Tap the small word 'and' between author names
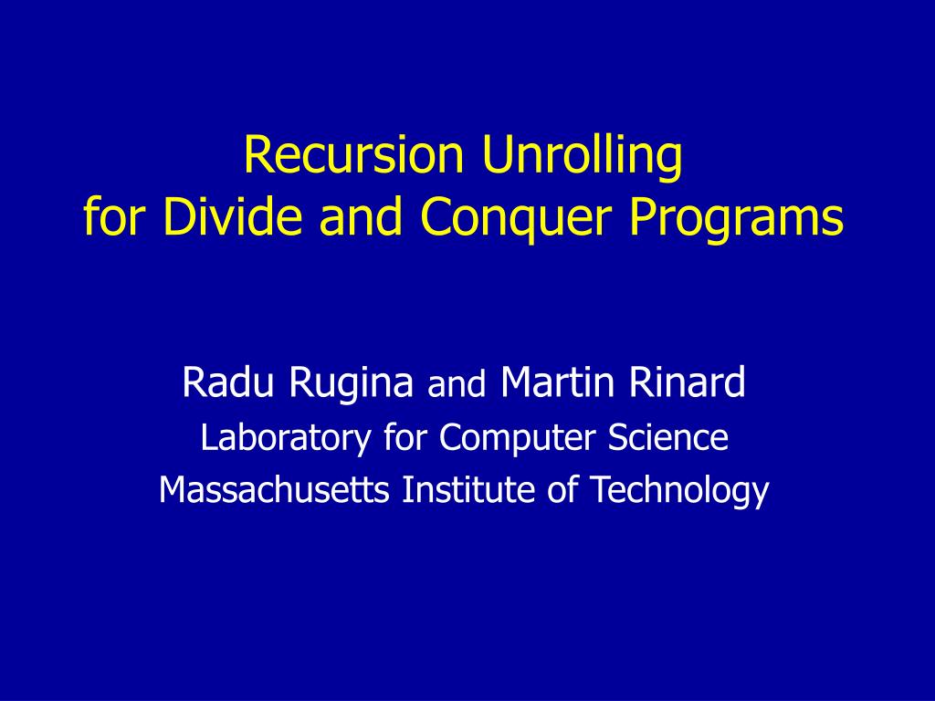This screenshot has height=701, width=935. tap(457, 386)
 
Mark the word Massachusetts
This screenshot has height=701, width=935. tap(277, 491)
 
